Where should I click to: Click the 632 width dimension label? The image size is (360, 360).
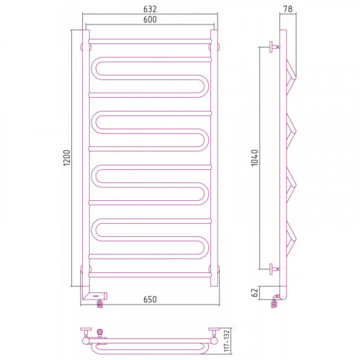150,9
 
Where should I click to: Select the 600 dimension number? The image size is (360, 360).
150,19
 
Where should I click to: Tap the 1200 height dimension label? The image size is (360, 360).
67,158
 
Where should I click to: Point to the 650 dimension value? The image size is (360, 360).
150,300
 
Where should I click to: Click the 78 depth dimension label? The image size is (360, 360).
288,9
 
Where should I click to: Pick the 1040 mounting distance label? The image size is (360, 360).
254,158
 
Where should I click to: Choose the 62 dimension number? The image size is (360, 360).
255,292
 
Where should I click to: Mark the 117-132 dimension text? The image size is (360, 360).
227,341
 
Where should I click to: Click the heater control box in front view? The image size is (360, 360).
95,296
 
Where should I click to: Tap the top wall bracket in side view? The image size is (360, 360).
274,47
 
